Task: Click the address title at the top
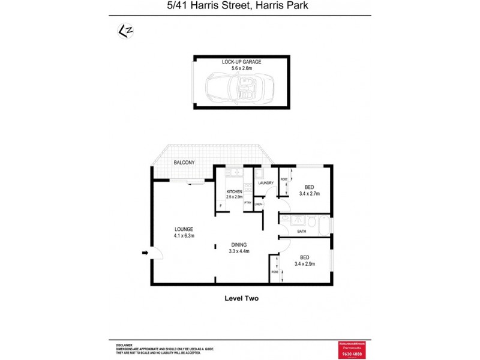(x=240, y=7)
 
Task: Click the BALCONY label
(x=184, y=163)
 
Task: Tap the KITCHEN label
(x=234, y=191)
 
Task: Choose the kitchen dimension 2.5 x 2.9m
(x=234, y=197)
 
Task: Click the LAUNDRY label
(x=266, y=183)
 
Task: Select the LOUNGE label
(x=184, y=229)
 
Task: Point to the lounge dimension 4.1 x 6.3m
(x=184, y=235)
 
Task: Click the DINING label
(x=240, y=245)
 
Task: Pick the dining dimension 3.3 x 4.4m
(x=240, y=251)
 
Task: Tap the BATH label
(x=302, y=231)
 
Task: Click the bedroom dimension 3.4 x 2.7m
(x=308, y=194)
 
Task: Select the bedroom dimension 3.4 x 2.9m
(x=305, y=263)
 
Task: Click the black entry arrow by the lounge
(x=145, y=253)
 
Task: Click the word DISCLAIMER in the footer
(x=124, y=345)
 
